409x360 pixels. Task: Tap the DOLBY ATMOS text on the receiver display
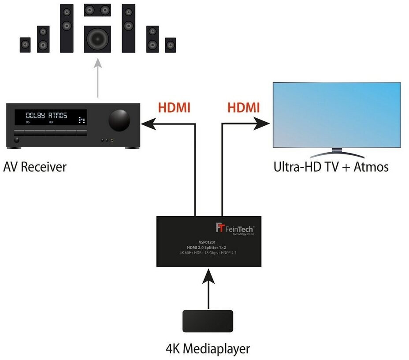click(47, 116)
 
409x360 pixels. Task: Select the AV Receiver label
click(35, 167)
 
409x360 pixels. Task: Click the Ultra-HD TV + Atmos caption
click(331, 167)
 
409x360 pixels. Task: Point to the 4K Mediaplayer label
click(208, 349)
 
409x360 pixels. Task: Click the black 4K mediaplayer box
click(208, 321)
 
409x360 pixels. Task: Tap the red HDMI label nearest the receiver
click(174, 108)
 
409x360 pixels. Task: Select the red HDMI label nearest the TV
click(243, 108)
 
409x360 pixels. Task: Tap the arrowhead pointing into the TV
click(263, 124)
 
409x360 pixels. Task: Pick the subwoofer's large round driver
click(97, 39)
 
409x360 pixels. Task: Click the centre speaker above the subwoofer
click(97, 9)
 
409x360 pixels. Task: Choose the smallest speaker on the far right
click(171, 45)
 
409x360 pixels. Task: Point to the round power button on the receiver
click(17, 140)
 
